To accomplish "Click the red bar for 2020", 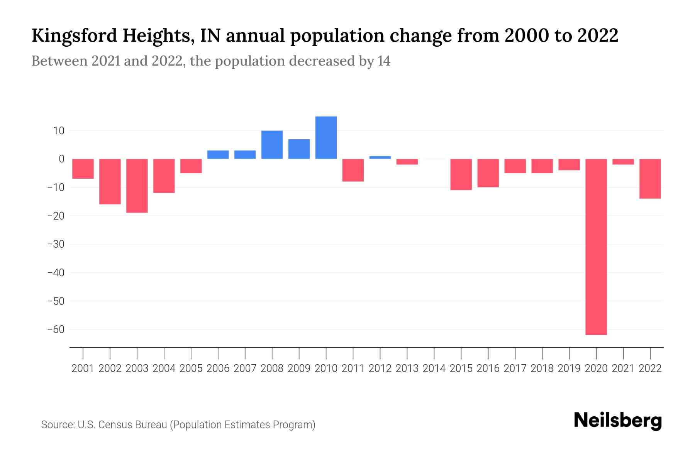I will [596, 247].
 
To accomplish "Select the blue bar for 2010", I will [326, 138].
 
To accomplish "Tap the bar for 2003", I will [137, 186].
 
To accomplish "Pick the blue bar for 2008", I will [272, 145].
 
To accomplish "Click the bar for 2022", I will [650, 179].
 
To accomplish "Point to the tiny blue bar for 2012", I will [380, 157].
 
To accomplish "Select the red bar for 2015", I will [461, 174].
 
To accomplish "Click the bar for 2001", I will [83, 169].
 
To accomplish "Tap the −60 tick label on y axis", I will [56, 330].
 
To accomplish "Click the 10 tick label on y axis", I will [59, 130].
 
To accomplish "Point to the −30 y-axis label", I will [56, 244].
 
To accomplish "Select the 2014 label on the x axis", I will [434, 368].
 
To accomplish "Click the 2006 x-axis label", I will [218, 368].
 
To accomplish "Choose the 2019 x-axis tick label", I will [569, 368].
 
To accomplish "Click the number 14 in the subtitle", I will [384, 61].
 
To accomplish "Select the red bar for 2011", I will [353, 170].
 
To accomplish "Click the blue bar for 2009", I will [299, 149].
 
